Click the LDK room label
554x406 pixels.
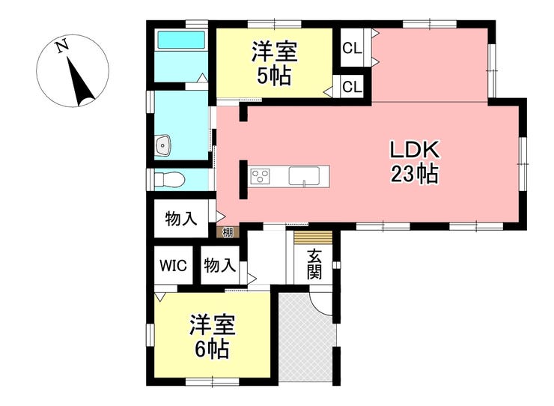415,149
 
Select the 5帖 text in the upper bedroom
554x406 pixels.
274,75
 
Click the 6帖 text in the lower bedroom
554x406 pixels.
212,348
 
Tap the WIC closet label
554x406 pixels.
171,266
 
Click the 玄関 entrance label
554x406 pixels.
314,264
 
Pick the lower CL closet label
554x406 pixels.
352,87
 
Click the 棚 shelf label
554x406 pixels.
225,232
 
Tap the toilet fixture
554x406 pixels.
170,180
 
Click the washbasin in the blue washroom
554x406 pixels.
163,145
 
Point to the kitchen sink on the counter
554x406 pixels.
305,177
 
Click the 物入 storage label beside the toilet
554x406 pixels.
182,219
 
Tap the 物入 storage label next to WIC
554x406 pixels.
219,266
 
